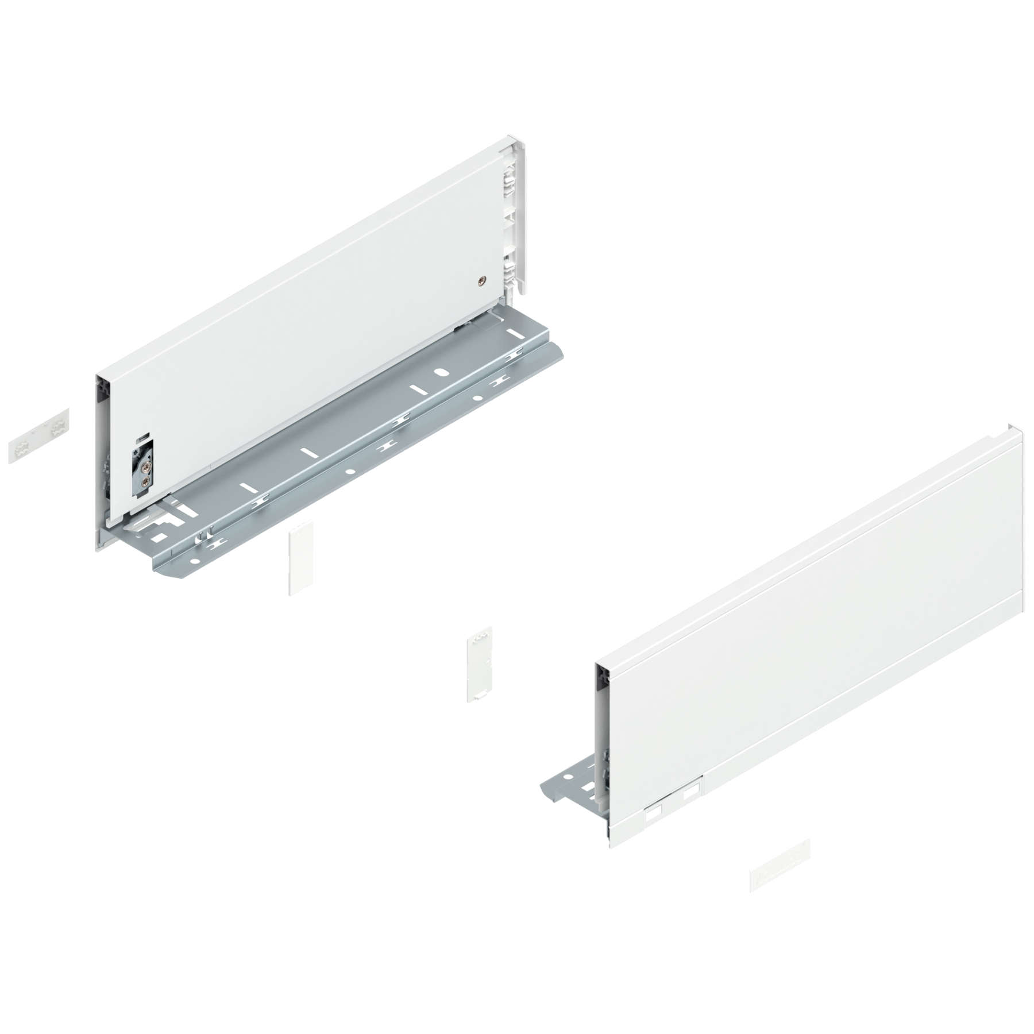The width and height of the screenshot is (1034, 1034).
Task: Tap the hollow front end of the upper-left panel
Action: [101, 448]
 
